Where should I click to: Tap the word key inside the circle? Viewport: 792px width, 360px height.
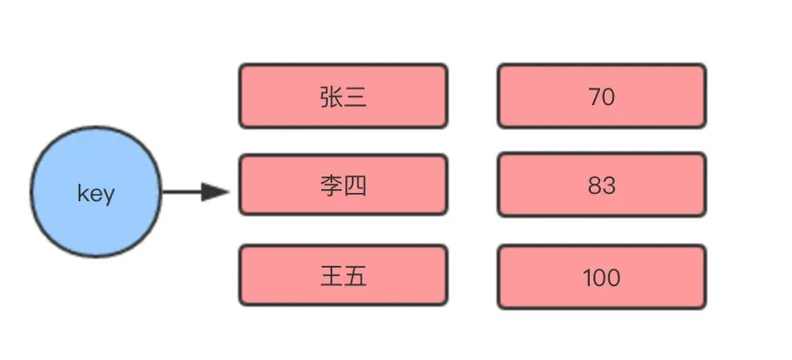96,194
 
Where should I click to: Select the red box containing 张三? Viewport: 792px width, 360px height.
343,95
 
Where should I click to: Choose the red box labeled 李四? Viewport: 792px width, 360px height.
343,185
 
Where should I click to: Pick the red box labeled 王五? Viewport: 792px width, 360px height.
343,275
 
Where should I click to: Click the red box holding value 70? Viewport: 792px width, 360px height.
602,95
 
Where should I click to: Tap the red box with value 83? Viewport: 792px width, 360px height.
602,185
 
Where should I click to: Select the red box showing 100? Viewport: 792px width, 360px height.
602,275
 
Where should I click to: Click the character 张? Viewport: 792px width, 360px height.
331,96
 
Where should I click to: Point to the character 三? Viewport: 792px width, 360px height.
355,96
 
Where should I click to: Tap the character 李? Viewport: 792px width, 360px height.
331,186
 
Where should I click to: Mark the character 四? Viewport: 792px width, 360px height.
355,186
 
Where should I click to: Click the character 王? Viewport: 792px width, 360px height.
331,276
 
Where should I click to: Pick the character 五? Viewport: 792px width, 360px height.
355,276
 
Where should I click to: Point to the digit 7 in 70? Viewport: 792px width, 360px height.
594,96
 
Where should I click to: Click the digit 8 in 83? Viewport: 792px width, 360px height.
594,186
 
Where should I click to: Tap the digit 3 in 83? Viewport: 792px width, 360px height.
608,186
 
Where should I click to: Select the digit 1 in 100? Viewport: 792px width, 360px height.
587,277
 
